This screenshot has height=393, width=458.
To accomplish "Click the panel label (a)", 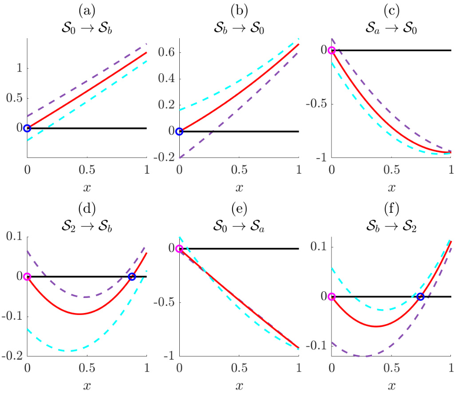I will pyautogui.click(x=87, y=9).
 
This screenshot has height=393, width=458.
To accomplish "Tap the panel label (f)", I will pyautogui.click(x=391, y=207).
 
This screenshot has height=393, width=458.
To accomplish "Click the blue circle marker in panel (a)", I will pyautogui.click(x=27, y=128).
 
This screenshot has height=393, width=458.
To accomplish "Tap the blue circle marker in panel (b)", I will pyautogui.click(x=179, y=131).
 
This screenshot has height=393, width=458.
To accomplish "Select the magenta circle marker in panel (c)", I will pyautogui.click(x=332, y=50).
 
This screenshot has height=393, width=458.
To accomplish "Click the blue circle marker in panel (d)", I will pyautogui.click(x=132, y=277).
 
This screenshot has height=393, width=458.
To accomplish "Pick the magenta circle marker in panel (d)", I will pyautogui.click(x=27, y=277).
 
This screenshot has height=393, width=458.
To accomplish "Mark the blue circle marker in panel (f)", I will pyautogui.click(x=421, y=297).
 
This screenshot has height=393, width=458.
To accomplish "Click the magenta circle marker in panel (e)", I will pyautogui.click(x=179, y=249).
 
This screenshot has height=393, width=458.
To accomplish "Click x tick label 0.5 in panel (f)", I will pyautogui.click(x=391, y=368).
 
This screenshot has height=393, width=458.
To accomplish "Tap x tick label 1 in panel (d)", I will pyautogui.click(x=147, y=368).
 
